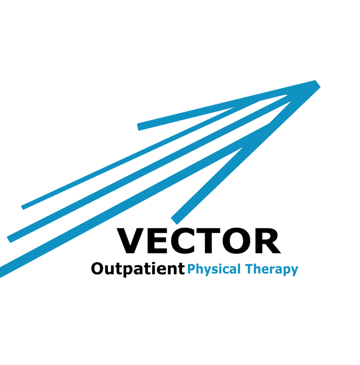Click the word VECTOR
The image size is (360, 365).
pos(199,241)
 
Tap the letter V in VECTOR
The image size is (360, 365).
pos(130,241)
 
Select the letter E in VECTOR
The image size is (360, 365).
pos(157,241)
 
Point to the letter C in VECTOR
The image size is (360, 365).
pos(182,241)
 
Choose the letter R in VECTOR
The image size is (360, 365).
pos(268,241)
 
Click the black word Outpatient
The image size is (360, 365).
pos(138,270)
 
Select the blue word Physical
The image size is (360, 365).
pos(214,270)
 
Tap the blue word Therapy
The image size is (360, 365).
pos(272,270)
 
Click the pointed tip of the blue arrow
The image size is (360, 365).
pos(318,83)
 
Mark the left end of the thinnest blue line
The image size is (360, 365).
pos(23,207)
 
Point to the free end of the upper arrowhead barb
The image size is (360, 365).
pos(138,127)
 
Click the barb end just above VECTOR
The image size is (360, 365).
pos(174,221)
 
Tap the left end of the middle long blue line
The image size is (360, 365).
pos(9,240)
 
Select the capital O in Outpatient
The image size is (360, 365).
pos(97,269)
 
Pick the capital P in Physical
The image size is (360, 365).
pos(191,269)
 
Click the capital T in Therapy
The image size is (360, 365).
pos(250,269)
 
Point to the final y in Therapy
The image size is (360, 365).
pos(295,271)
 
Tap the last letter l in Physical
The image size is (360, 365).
pos(239,269)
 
